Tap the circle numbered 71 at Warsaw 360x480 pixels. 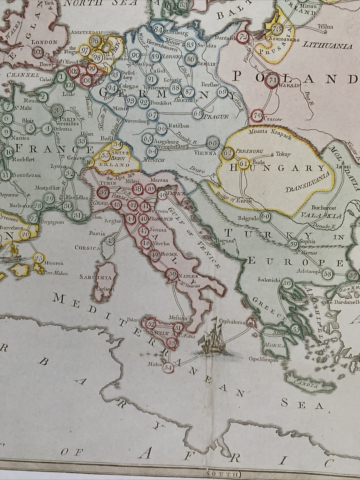pos(273,80)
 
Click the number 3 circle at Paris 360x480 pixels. pos(56,110)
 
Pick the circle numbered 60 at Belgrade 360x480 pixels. pos(265,217)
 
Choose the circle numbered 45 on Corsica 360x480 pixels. pos(111,240)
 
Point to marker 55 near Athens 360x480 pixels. pos(296,330)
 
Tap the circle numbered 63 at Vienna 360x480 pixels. pos(212,143)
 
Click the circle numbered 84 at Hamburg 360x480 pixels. pos(158,29)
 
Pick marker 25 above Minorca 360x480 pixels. pos(38,258)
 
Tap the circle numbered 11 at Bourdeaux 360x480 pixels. pos(5,175)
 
